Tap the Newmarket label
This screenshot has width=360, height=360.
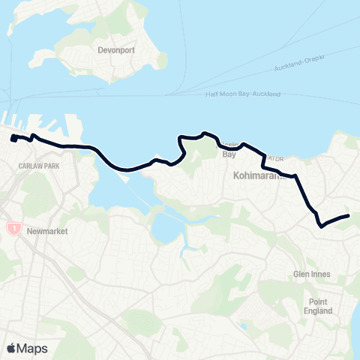pos(46,231)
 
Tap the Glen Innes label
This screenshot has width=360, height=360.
pos(313,274)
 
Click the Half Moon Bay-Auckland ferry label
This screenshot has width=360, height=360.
pos(243,94)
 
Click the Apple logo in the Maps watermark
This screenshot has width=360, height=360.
pos(11,348)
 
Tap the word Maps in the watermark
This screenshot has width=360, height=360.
pos(33,348)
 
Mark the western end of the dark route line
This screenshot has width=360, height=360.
pos(13,138)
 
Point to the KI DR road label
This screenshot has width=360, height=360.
pos(280,158)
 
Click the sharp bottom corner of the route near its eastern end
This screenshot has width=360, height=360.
pos(320,225)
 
